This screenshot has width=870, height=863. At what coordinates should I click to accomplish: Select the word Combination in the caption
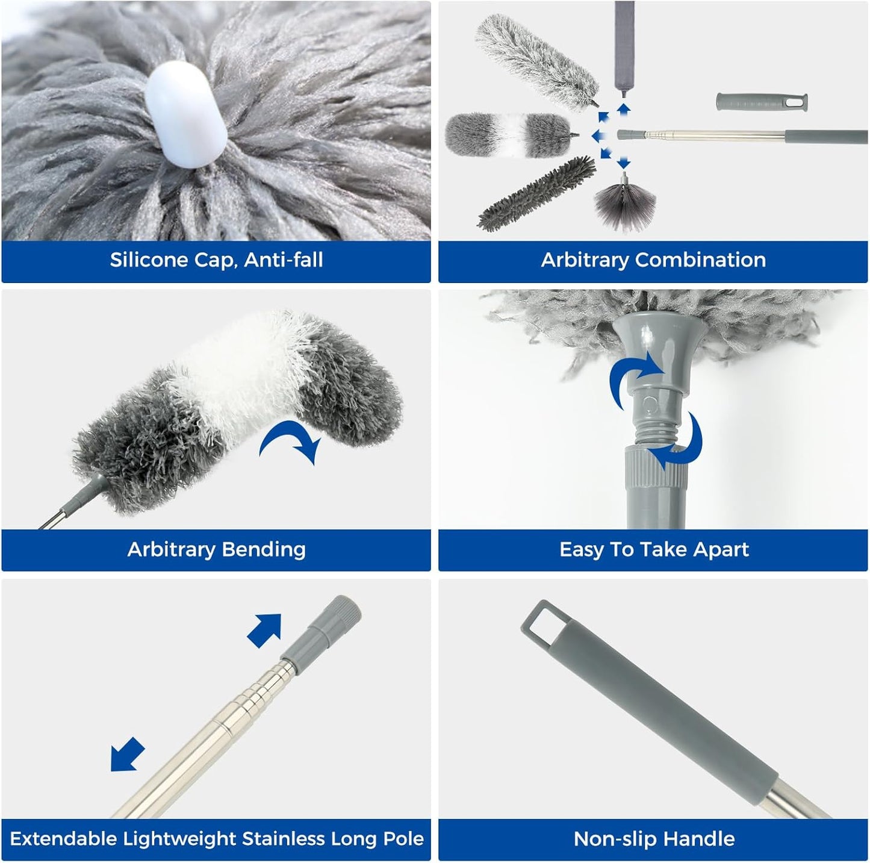tap(700, 260)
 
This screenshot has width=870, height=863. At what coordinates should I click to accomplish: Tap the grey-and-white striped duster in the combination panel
tap(508, 135)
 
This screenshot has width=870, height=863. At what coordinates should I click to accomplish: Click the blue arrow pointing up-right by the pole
tap(266, 630)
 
